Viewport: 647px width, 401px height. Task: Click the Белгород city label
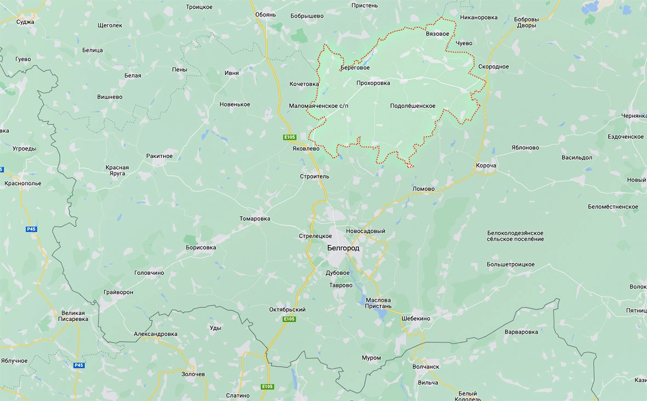(x=343, y=248)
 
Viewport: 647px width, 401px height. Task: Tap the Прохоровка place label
(x=373, y=83)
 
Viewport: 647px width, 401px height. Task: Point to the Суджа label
(x=25, y=22)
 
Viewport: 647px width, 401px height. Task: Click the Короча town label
(x=486, y=165)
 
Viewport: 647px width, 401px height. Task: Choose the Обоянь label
(x=265, y=14)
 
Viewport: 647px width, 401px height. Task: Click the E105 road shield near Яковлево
(x=290, y=137)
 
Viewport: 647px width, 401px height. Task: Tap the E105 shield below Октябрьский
(x=289, y=319)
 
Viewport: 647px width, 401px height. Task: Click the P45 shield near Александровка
(x=80, y=365)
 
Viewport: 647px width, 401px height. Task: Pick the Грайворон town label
(x=118, y=292)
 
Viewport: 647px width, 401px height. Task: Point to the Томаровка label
(x=255, y=219)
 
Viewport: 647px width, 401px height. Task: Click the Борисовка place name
(x=201, y=247)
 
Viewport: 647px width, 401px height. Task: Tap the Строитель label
(x=315, y=176)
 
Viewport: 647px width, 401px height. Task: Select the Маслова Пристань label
(x=378, y=303)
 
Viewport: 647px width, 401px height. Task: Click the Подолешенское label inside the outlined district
(x=413, y=106)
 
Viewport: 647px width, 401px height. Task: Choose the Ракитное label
(x=160, y=156)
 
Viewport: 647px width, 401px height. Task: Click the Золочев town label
(x=193, y=374)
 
